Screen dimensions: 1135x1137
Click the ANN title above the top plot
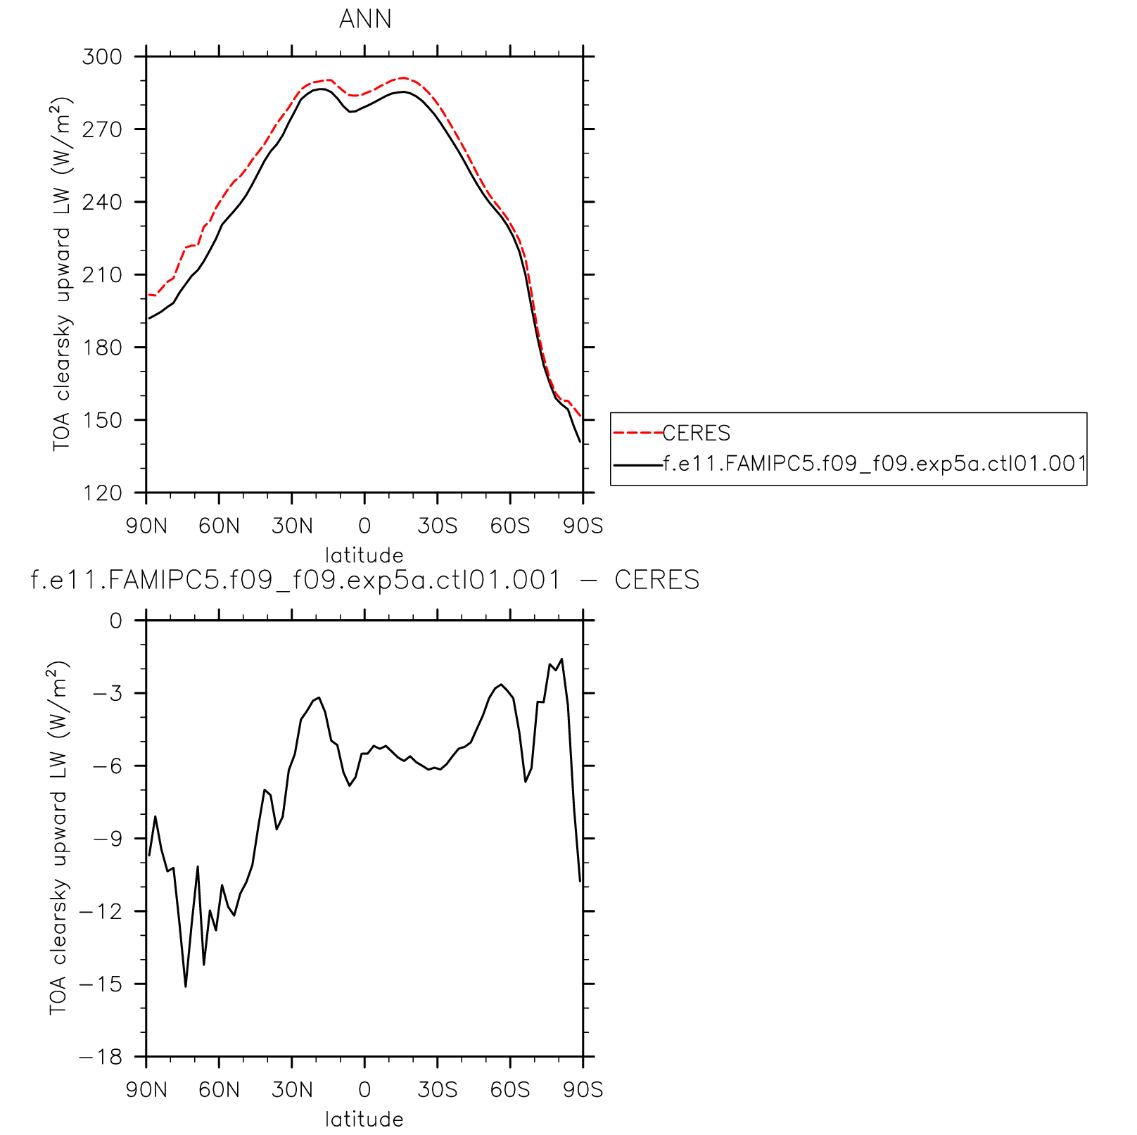364,19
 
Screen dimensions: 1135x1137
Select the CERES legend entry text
697,433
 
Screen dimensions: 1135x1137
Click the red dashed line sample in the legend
637,433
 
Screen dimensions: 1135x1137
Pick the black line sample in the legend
637,464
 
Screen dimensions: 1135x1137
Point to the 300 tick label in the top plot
102,56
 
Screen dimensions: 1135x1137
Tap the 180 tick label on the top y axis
102,348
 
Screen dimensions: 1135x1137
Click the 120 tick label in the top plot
102,493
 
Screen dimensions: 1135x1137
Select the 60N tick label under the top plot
219,526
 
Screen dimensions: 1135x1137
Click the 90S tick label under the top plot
583,526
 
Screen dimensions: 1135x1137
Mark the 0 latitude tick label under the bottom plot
364,1090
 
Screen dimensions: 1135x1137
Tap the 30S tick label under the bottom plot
437,1090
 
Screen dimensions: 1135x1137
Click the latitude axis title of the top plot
364,555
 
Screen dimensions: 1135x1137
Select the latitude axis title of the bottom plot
364,1119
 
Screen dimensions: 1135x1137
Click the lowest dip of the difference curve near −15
186,986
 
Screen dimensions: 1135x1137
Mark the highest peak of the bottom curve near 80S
561,659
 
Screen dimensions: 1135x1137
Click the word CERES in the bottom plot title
656,581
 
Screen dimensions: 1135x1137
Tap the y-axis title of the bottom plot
59,837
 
